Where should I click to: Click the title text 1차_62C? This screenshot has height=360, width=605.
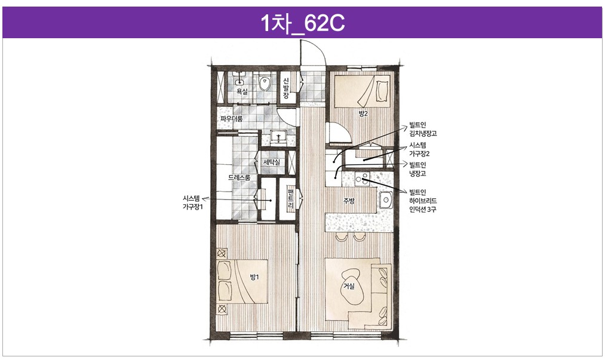point(302,23)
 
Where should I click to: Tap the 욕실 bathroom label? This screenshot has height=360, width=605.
point(242,91)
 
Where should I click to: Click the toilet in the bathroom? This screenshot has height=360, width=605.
point(265,83)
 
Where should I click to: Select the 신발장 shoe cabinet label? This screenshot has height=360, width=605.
point(286,88)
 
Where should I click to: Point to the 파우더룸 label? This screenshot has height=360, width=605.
point(232,118)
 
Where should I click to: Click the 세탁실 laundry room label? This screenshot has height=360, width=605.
point(272,162)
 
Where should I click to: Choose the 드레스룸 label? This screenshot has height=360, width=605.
point(239,177)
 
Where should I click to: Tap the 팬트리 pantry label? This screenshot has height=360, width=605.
point(291,198)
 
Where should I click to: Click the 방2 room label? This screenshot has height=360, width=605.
point(363,113)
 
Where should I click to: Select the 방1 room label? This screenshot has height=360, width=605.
point(254,277)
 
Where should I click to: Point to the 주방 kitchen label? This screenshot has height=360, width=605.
point(349,201)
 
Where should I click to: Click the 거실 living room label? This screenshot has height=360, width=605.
point(349,286)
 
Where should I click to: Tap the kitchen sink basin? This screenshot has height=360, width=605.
point(385,200)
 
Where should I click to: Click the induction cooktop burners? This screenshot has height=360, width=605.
point(363,178)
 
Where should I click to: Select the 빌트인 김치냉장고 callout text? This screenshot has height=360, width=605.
point(423,130)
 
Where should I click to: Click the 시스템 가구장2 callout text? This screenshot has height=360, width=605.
point(419,150)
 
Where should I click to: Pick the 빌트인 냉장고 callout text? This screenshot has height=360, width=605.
point(418,170)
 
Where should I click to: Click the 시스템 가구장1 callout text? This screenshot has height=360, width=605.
point(192,202)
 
